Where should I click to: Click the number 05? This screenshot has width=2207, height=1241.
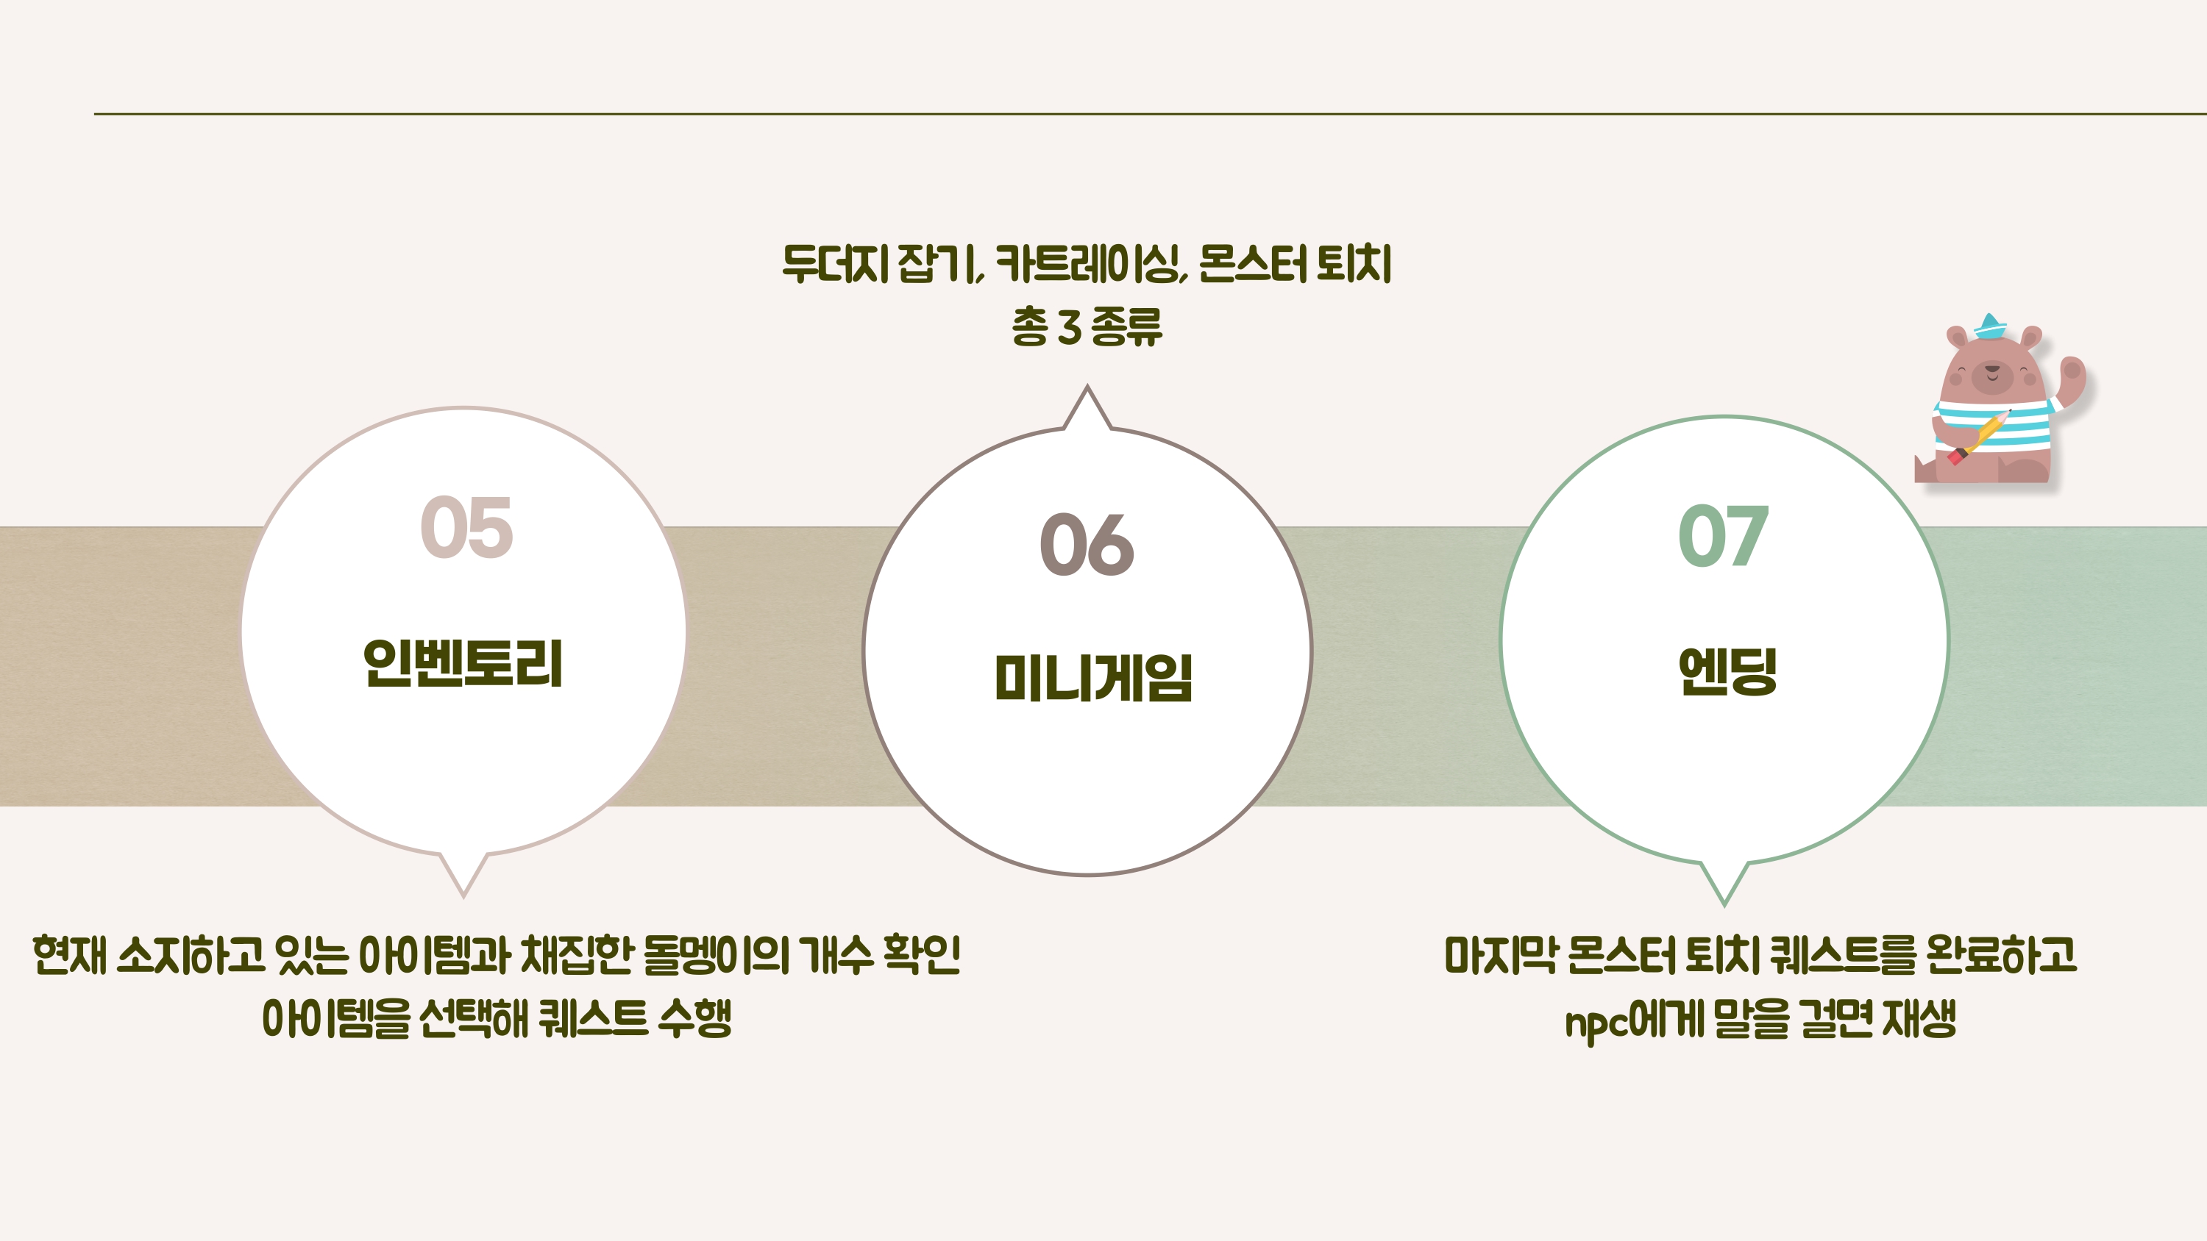[x=467, y=528]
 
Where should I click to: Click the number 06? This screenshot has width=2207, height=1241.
[x=1087, y=545]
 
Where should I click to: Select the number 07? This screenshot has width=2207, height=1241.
[x=1723, y=536]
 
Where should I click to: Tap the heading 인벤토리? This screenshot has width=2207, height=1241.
[x=463, y=664]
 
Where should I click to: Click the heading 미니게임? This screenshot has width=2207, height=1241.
[x=1093, y=679]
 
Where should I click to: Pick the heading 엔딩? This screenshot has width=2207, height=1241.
[x=1727, y=670]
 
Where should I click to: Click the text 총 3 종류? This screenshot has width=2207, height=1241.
[x=1087, y=327]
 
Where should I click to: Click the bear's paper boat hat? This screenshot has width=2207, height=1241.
[x=1990, y=326]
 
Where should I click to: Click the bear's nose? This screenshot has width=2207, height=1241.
[x=1992, y=368]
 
